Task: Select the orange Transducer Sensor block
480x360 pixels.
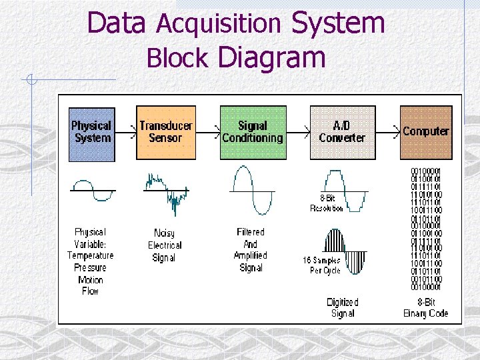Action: point(166,133)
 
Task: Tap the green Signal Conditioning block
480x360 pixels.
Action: point(252,133)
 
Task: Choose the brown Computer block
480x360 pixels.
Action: point(426,133)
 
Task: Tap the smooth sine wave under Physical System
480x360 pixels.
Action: point(93,189)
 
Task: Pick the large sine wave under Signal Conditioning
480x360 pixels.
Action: point(252,190)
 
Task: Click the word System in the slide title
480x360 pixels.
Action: point(339,23)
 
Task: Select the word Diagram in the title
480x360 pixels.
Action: point(271,57)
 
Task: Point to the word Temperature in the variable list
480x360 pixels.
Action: point(91,255)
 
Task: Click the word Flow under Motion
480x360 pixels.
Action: point(91,291)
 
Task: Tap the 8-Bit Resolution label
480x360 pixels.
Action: point(327,203)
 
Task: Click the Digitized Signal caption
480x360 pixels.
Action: point(342,307)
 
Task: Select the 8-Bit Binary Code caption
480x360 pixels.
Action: point(426,307)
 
